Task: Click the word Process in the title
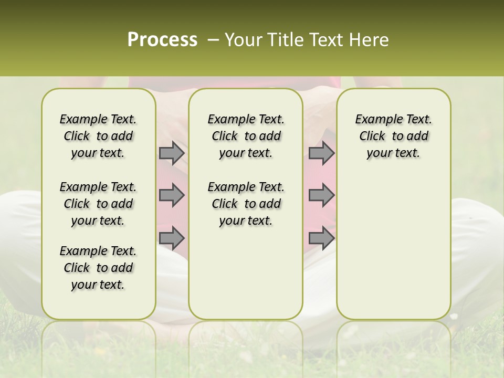tap(162, 40)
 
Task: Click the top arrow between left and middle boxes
tap(171, 153)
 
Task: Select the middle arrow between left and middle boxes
tap(171, 195)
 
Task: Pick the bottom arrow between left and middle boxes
tap(171, 238)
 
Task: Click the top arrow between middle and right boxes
tap(321, 153)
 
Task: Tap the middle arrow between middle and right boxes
tap(321, 195)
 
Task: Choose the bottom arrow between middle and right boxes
tap(321, 238)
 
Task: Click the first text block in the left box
tap(98, 136)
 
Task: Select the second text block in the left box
tap(98, 204)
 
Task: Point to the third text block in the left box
tap(98, 268)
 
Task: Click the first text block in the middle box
tap(246, 136)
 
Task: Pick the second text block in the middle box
tap(246, 204)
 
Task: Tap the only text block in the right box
tap(393, 136)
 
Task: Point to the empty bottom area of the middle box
tap(246, 278)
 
